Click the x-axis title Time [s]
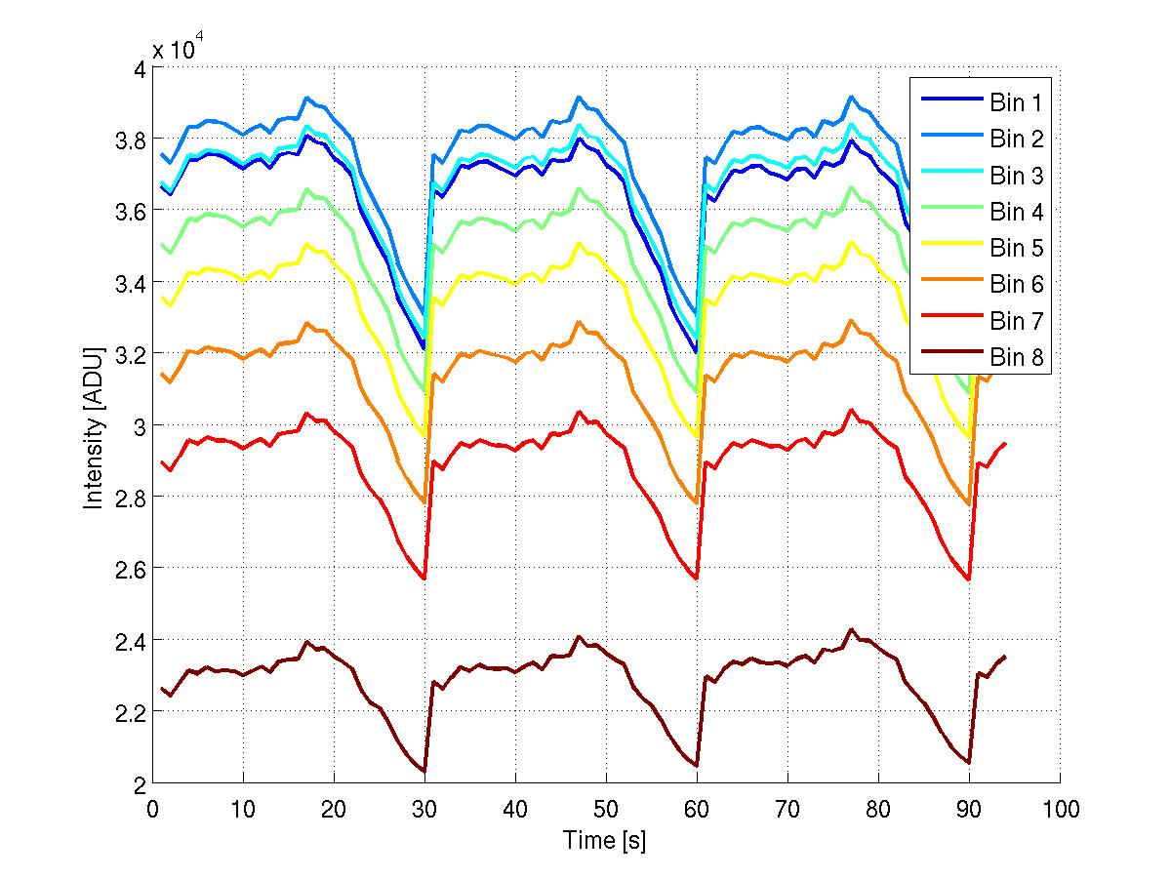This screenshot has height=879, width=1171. (605, 840)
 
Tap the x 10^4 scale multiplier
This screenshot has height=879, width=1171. (176, 50)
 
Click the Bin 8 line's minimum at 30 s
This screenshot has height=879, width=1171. (424, 772)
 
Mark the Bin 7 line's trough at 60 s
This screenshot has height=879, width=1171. (697, 579)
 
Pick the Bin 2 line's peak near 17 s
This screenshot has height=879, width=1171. (306, 98)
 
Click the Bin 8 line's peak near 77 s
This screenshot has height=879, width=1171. (851, 630)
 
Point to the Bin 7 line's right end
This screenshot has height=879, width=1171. (1005, 443)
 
